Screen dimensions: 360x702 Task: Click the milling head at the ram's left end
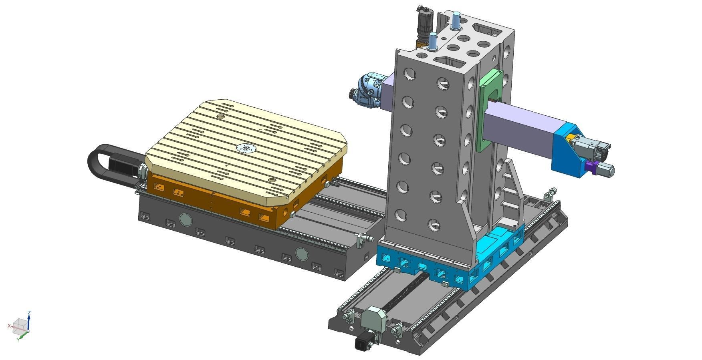coord(367,91)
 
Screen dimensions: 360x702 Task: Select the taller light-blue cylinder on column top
coord(456,20)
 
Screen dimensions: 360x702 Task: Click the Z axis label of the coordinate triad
coord(29,313)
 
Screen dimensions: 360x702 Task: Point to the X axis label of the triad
coord(9,326)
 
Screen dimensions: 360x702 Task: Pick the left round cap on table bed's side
coord(185,219)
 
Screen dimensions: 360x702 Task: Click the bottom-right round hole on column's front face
coord(434,225)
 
